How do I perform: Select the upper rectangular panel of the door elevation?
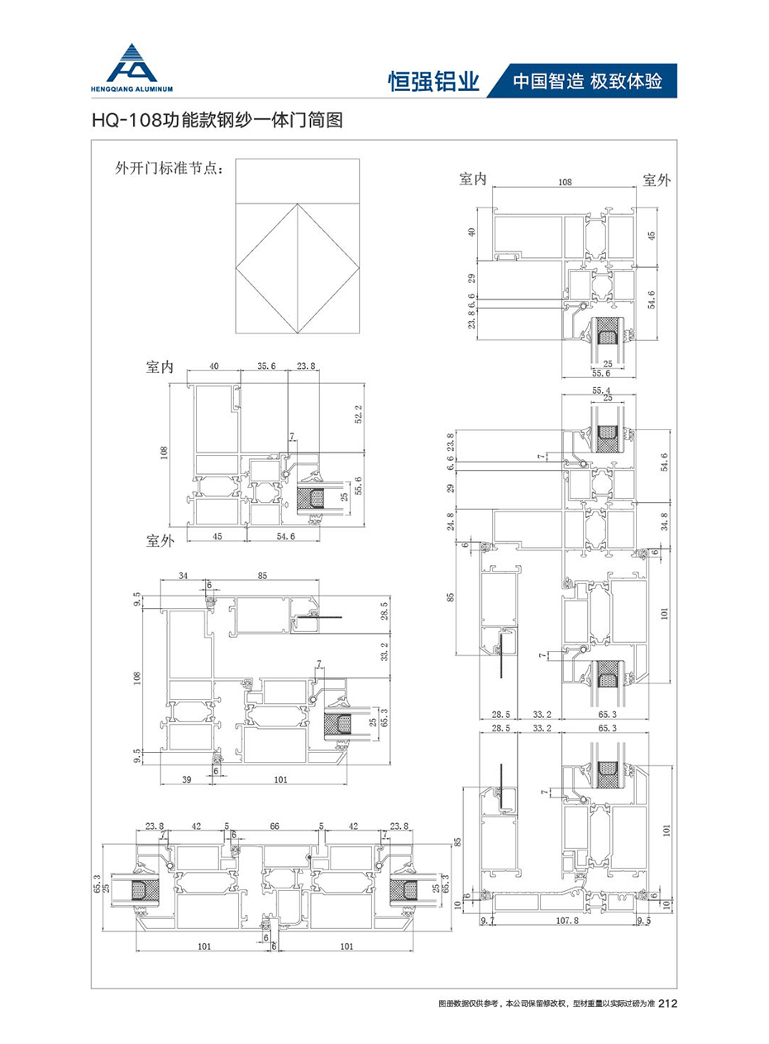pyautogui.click(x=298, y=180)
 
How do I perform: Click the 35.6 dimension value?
pyautogui.click(x=266, y=366)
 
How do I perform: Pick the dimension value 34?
pyautogui.click(x=183, y=576)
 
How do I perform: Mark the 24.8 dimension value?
pyautogui.click(x=449, y=522)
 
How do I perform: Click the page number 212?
pyautogui.click(x=670, y=1004)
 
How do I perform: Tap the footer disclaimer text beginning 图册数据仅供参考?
pyautogui.click(x=546, y=1004)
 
